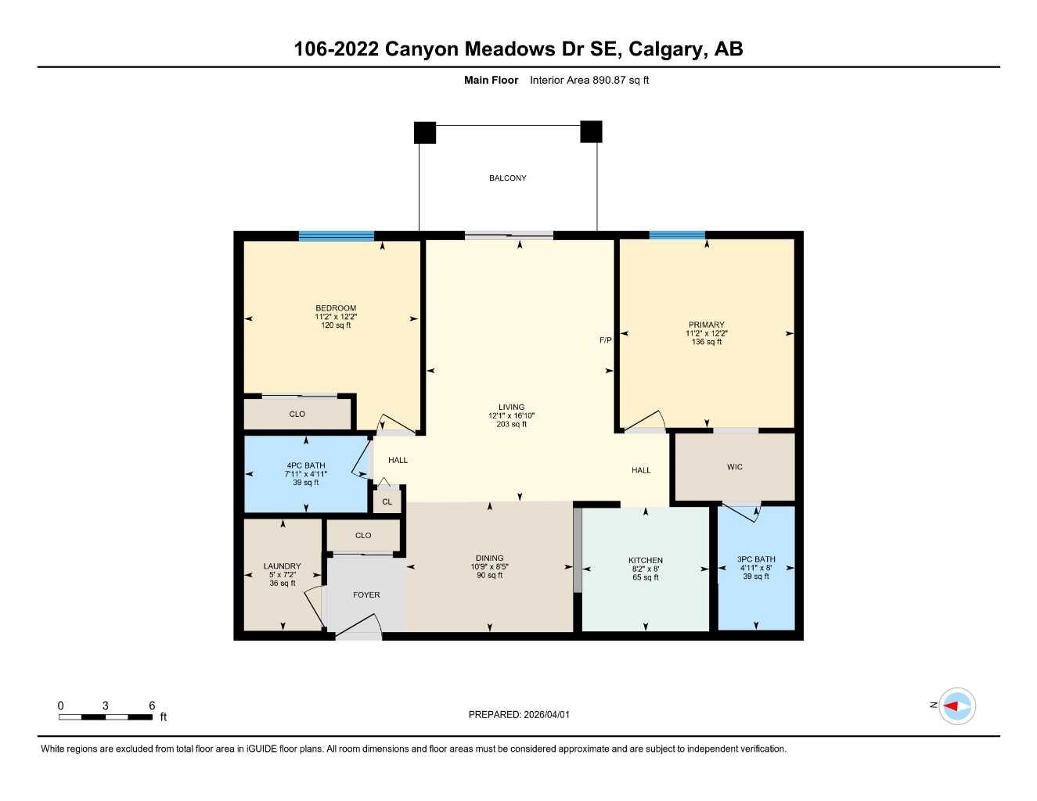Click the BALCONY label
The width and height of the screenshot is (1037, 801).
507,178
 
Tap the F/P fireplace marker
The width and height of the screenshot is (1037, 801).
605,340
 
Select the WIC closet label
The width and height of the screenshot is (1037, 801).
734,467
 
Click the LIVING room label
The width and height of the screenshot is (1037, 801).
511,407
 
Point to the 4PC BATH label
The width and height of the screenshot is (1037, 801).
305,465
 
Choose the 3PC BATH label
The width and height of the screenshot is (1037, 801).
756,559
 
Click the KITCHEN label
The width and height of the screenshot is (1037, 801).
645,560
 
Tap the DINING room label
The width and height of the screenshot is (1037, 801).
489,558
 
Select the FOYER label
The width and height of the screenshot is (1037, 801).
366,595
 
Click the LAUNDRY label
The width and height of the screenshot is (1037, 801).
282,566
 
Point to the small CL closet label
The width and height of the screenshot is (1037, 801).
387,502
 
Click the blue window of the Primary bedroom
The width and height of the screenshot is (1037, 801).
677,235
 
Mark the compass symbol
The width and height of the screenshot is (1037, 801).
956,706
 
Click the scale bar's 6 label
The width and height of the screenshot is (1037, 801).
152,706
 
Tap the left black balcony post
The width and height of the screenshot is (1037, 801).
425,133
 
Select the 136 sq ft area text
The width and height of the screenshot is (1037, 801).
706,342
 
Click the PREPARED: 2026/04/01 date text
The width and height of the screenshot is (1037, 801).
519,714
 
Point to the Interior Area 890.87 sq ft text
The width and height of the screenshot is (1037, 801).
589,80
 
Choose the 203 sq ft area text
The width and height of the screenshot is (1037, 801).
511,424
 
